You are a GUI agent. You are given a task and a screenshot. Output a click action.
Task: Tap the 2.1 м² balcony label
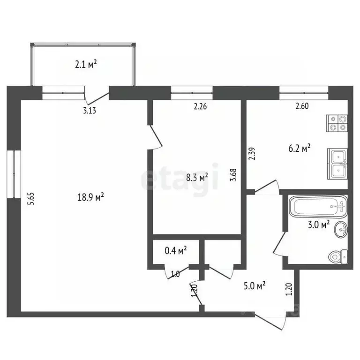click(86, 64)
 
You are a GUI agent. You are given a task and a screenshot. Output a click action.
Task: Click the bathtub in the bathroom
click(318, 205)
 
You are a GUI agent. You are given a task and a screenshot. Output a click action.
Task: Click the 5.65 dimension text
click(30, 200)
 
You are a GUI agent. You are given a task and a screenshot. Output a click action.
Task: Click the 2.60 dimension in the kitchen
click(302, 106)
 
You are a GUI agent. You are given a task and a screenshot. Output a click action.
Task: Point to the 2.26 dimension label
click(200, 106)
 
